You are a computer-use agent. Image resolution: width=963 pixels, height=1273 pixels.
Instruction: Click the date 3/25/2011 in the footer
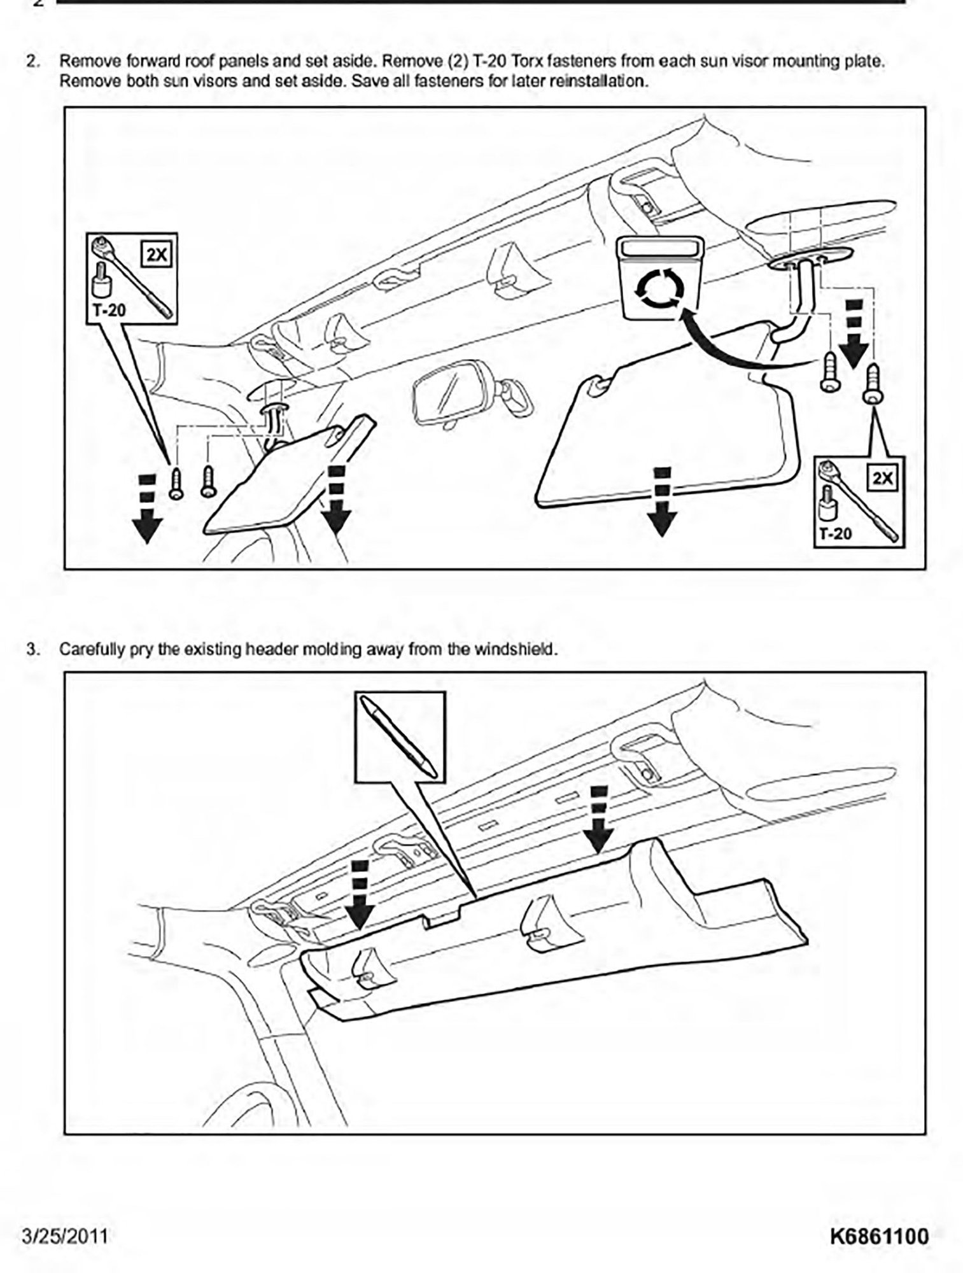[64, 1235]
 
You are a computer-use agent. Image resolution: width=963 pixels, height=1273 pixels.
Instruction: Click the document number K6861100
[879, 1235]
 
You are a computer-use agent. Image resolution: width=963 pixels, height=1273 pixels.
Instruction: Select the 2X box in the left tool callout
[156, 255]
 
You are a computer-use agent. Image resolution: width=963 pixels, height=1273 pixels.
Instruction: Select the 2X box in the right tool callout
[882, 477]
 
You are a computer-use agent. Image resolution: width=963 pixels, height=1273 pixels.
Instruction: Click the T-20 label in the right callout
[834, 533]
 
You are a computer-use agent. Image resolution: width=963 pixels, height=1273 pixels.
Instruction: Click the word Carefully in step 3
[84, 650]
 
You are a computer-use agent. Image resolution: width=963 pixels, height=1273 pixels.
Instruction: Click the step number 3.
[31, 649]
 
